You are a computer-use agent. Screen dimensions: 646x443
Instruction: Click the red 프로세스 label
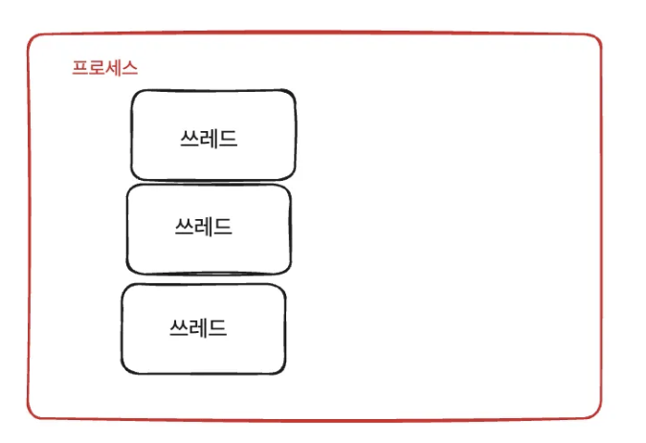point(105,69)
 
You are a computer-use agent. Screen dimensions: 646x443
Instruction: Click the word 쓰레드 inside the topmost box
point(209,139)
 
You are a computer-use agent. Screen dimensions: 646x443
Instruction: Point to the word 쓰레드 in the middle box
point(204,227)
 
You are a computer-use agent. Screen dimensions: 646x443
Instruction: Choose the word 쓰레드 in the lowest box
point(198,328)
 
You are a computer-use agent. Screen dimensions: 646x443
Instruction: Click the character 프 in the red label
point(80,69)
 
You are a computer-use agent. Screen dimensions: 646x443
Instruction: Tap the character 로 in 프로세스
point(97,69)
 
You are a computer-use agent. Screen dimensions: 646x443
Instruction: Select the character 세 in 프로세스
point(114,69)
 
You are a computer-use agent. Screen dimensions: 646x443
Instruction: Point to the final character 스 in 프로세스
point(130,69)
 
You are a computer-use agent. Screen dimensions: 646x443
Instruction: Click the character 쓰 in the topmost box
point(189,139)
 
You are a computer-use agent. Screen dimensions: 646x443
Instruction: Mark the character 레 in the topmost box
point(209,139)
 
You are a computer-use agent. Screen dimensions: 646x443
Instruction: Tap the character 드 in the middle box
point(224,227)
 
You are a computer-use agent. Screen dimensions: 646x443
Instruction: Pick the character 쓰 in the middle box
point(184,227)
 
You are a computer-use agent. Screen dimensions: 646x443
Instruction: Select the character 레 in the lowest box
point(198,328)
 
